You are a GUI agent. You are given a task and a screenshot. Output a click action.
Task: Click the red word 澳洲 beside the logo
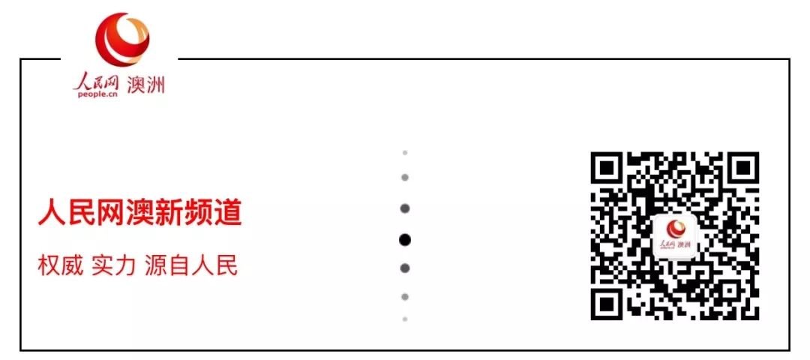click(x=146, y=85)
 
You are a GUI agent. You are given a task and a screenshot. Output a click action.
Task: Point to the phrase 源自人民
click(x=190, y=265)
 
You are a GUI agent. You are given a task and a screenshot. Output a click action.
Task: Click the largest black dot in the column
click(x=405, y=240)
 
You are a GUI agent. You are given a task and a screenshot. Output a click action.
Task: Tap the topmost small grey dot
click(x=405, y=152)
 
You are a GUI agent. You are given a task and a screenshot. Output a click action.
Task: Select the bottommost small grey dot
click(x=405, y=319)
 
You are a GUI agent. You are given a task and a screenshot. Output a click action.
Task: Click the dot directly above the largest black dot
click(x=405, y=208)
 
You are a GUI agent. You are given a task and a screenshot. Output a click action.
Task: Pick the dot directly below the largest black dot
click(x=405, y=268)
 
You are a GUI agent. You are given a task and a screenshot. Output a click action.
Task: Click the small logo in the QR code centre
click(x=675, y=237)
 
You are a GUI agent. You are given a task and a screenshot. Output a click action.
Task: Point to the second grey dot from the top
click(x=405, y=178)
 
